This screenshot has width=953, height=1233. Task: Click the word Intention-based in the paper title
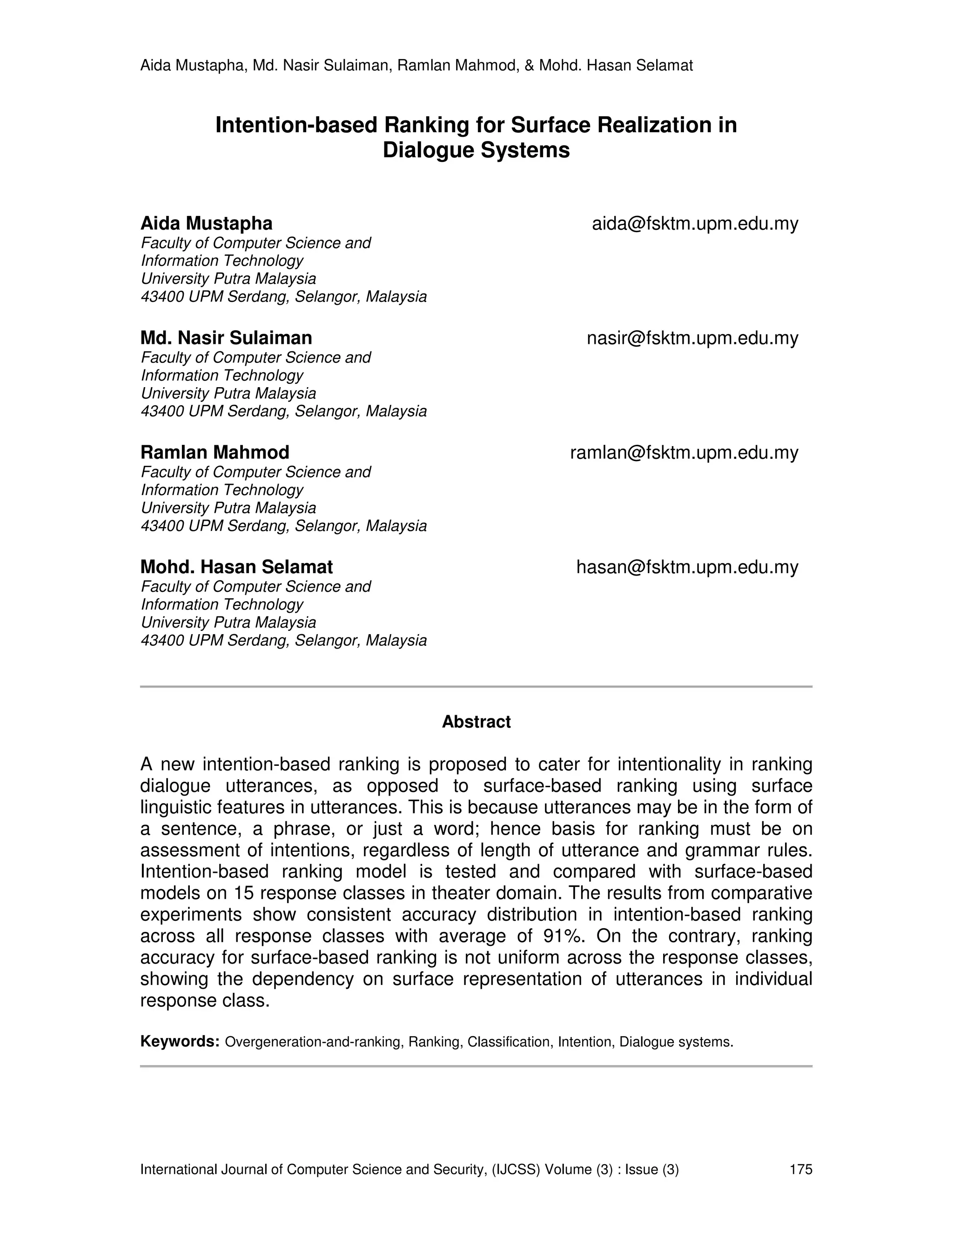296,125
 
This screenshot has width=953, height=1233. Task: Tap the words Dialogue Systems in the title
476,151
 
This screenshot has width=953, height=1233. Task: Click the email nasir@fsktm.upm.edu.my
692,338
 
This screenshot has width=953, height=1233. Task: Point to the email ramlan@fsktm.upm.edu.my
684,453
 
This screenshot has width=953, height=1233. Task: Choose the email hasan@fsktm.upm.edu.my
687,567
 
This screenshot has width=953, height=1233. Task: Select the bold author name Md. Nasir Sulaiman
226,338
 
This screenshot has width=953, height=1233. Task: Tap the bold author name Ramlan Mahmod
215,453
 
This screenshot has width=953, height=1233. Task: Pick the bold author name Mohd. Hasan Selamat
236,567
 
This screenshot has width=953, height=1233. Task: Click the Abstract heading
476,722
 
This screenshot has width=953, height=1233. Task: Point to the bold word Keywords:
180,1042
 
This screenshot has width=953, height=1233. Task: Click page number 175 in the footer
800,1169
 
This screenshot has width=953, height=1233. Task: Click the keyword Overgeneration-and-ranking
313,1042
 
